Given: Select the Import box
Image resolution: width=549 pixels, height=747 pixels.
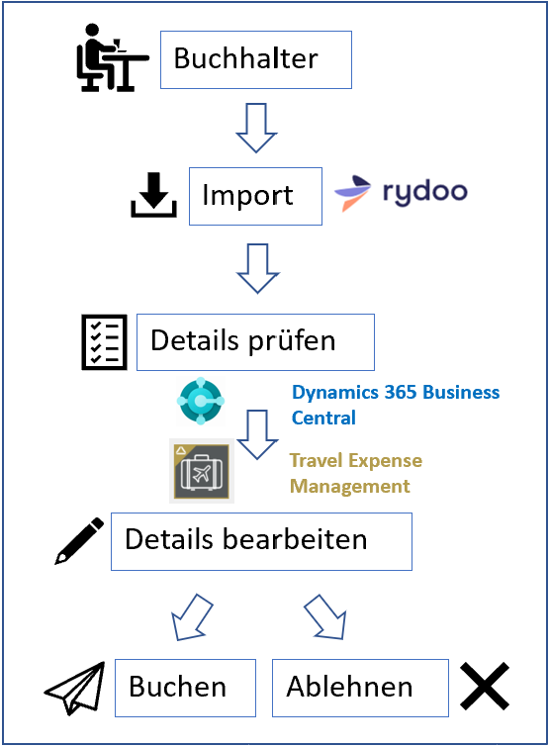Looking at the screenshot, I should pyautogui.click(x=255, y=195).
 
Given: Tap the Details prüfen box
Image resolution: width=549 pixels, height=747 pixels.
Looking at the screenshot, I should pyautogui.click(x=255, y=342).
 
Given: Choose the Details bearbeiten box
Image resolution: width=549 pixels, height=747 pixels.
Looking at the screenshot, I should pyautogui.click(x=261, y=541).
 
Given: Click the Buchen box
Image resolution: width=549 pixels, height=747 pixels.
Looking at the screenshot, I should pyautogui.click(x=185, y=688).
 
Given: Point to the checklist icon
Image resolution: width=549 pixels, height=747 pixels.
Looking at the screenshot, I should pyautogui.click(x=102, y=342).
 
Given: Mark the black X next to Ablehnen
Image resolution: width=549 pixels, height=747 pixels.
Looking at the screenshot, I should pyautogui.click(x=485, y=686).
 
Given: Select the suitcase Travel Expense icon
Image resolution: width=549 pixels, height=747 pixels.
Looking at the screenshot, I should pyautogui.click(x=201, y=471).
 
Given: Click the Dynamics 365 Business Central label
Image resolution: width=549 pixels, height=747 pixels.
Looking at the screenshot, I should pyautogui.click(x=395, y=405).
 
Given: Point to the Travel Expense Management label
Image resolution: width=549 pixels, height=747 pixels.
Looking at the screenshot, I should pyautogui.click(x=355, y=473).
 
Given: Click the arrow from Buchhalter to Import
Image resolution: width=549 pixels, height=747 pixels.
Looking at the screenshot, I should pyautogui.click(x=257, y=128).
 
